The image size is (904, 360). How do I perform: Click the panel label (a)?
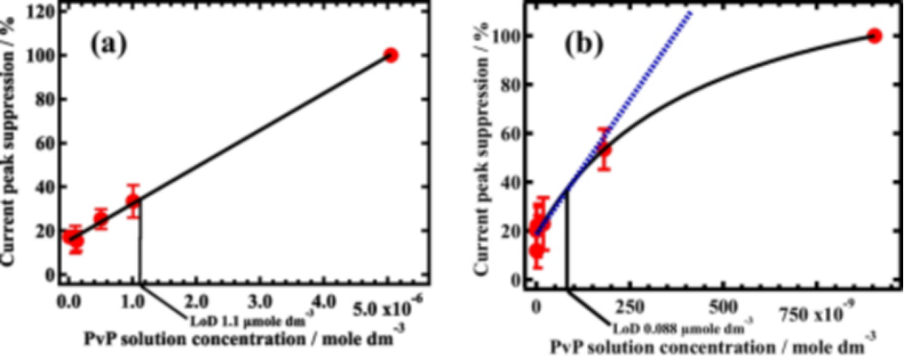(109, 44)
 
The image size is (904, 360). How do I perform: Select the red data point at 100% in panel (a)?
(391, 55)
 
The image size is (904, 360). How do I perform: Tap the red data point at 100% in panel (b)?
(874, 36)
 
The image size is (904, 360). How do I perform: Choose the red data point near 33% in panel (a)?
(133, 201)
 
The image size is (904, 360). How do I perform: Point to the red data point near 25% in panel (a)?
(100, 219)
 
